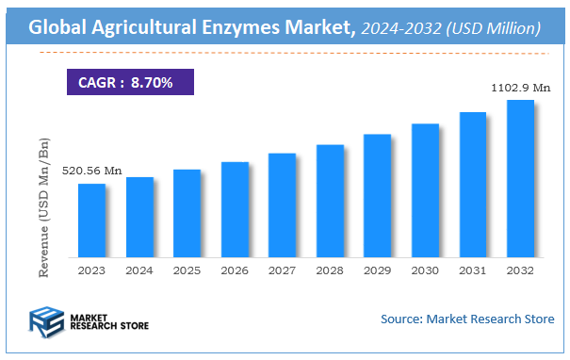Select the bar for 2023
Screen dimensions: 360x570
91,221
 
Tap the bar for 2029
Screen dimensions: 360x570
378,195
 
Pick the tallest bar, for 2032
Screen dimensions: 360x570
520,178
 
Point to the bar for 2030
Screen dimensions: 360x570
425,190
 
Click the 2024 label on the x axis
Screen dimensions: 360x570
139,270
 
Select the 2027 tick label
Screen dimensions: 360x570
282,270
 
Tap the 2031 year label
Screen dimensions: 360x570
472,270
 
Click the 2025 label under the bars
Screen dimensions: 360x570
187,270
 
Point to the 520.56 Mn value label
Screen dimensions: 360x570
92,171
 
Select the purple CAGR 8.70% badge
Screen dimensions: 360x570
130,82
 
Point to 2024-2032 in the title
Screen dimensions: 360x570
395,29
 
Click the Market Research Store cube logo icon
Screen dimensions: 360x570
44,322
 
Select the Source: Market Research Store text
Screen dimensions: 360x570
466,319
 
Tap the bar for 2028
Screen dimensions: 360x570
330,201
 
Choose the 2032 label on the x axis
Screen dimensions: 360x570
520,270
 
